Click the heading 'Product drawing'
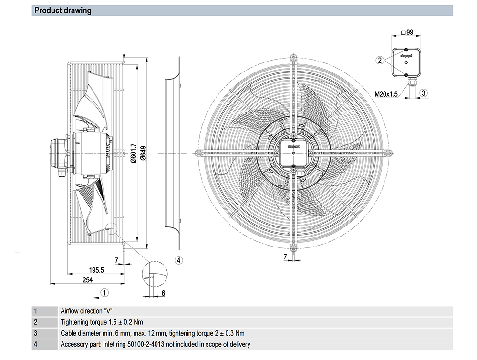[x=63, y=10]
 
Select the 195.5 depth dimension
[x=96, y=270]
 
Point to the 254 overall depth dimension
[x=87, y=280]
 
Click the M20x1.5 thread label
[x=386, y=94]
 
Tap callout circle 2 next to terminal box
[x=380, y=60]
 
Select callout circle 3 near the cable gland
[x=423, y=93]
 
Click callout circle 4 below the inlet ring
[x=178, y=260]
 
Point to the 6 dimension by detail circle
[x=163, y=293]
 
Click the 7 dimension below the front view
[x=285, y=257]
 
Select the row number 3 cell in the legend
[x=35, y=333]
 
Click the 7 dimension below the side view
[x=116, y=259]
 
